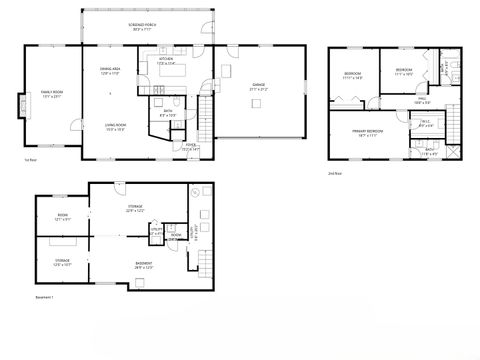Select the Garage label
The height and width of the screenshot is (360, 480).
(x=258, y=87)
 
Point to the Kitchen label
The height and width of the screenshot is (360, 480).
(x=172, y=62)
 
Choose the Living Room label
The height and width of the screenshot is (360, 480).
(x=116, y=127)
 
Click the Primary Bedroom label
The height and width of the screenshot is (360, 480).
(x=367, y=132)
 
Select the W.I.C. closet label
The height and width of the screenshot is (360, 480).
(x=425, y=124)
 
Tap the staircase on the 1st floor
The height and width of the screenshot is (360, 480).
(x=207, y=106)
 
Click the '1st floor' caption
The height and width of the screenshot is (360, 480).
(x=29, y=160)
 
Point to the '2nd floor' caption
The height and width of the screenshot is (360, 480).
(x=335, y=172)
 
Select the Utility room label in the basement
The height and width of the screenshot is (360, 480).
(x=157, y=231)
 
